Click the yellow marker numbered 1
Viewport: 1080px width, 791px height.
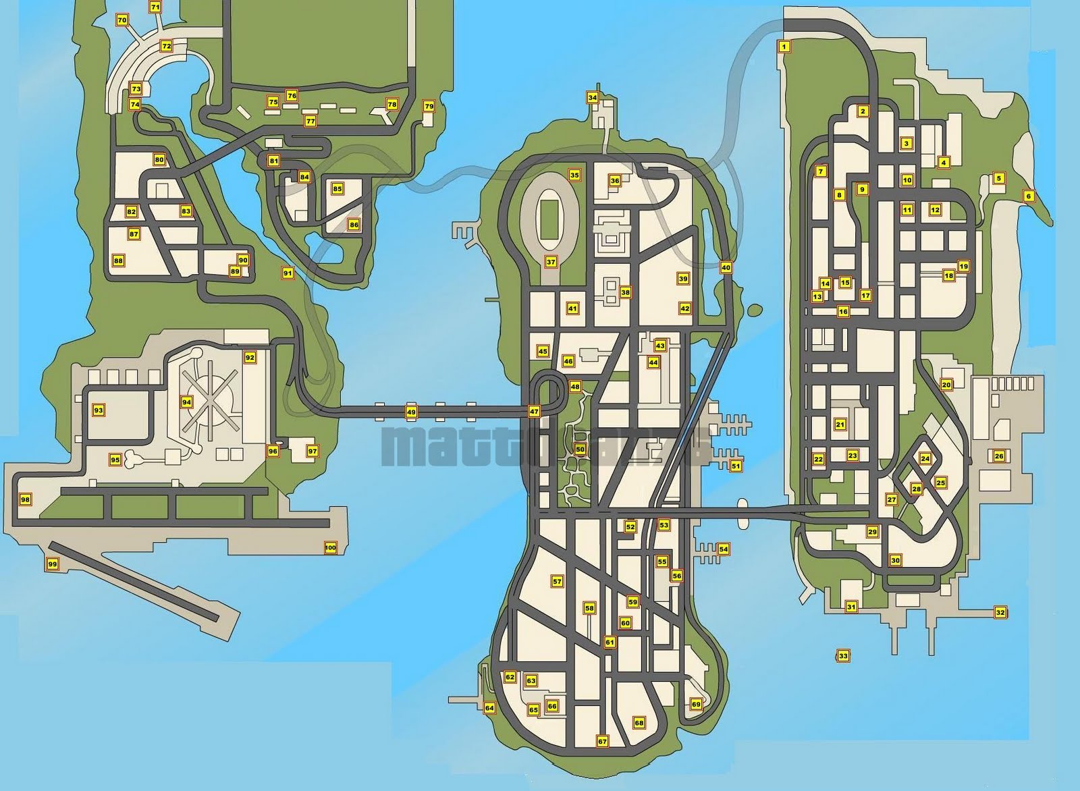784,47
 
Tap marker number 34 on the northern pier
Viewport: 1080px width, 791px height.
593,97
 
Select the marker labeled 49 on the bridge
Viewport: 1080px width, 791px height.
411,412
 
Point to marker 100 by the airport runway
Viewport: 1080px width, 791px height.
330,547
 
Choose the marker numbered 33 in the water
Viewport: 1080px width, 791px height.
843,655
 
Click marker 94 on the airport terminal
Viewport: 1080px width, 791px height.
187,402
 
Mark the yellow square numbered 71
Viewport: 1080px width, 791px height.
155,7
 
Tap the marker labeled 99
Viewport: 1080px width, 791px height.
52,564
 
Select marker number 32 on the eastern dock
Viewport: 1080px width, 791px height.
1000,612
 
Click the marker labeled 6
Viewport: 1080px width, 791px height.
1029,196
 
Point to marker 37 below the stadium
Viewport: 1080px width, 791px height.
551,262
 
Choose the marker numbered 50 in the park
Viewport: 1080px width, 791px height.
580,449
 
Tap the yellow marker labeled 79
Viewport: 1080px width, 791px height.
429,106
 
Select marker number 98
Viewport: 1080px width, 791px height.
26,499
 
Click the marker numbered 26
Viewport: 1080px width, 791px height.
999,456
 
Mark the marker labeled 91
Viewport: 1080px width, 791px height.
288,273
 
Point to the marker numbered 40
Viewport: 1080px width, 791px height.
726,267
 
